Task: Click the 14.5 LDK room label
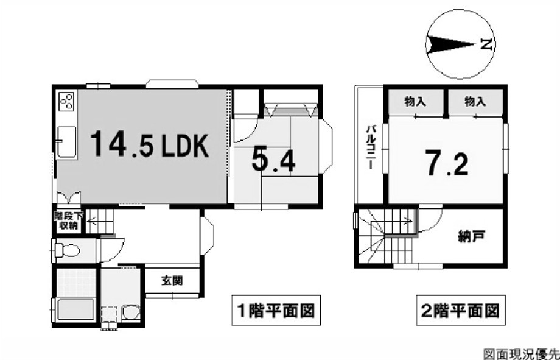click(x=149, y=144)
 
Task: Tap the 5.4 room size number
click(x=273, y=160)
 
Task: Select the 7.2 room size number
click(x=446, y=163)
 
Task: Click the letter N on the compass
click(x=486, y=44)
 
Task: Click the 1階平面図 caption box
click(x=276, y=310)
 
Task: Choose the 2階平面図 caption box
click(x=461, y=310)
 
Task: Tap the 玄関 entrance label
click(x=172, y=281)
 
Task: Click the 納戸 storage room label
click(x=471, y=236)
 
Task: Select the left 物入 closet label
click(x=415, y=102)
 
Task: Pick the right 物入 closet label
click(x=475, y=102)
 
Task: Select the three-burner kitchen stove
click(x=66, y=102)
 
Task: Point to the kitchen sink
click(x=66, y=142)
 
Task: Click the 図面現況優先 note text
click(x=522, y=354)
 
